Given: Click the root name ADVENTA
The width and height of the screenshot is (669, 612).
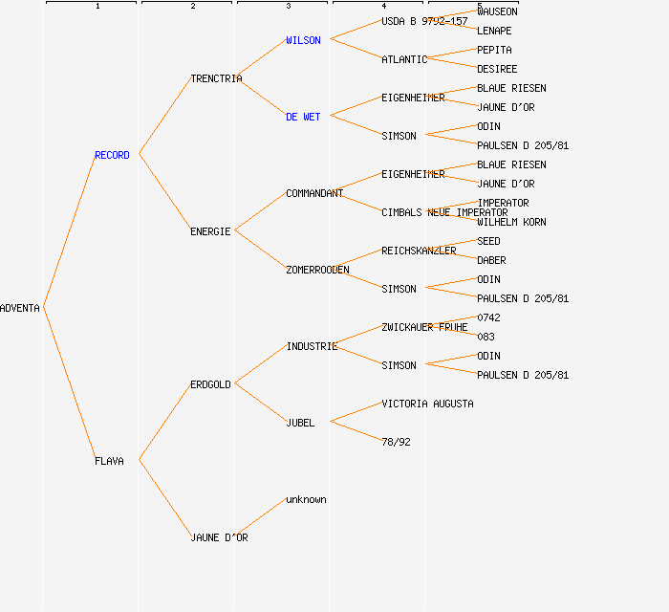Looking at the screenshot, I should [20, 308].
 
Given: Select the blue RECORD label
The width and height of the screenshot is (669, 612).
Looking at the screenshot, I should [112, 155].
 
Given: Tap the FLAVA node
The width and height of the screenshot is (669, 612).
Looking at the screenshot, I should [109, 461].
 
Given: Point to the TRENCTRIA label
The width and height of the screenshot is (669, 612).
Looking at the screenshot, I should [216, 78].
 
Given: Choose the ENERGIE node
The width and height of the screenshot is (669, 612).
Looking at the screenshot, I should [210, 231].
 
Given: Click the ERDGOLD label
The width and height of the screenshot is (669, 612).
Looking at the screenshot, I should [210, 384].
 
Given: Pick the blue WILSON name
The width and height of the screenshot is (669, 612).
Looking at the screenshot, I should [303, 40].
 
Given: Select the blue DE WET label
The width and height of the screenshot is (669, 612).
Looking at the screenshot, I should [303, 117].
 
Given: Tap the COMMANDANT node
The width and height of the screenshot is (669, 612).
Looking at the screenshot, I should [314, 193].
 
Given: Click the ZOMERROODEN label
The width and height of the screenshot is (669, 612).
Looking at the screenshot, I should [317, 270].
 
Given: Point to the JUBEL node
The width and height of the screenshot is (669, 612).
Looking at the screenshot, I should [300, 423].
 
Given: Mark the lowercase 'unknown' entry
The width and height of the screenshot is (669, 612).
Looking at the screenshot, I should [306, 499].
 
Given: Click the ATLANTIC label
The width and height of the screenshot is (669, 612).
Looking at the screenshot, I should [404, 59].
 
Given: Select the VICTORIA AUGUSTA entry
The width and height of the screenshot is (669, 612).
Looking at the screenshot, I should [427, 404].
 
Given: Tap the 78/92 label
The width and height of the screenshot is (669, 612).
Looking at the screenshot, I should [396, 442].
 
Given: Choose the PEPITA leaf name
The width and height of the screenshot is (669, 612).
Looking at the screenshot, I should [494, 50].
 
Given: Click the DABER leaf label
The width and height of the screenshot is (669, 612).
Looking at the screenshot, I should [491, 260].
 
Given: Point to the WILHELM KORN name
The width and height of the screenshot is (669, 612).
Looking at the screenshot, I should [511, 222].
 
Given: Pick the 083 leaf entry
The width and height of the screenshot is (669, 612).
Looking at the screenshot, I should [486, 337].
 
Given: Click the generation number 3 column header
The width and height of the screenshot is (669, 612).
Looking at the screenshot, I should [288, 7].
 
